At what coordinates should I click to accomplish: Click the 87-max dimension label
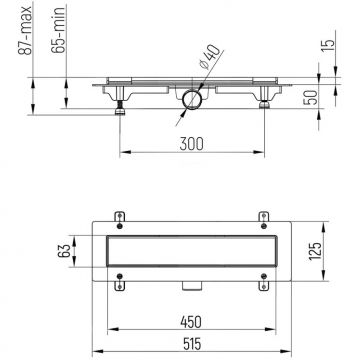tap(26, 30)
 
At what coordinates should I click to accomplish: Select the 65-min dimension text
tap(58, 30)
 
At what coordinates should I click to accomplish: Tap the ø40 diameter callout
tap(210, 56)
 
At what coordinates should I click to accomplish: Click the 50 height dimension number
tap(312, 97)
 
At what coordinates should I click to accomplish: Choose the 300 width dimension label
tap(191, 144)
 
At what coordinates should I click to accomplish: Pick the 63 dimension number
tap(64, 251)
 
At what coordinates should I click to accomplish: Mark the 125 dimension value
tap(315, 251)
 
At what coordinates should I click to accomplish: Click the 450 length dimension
tap(191, 322)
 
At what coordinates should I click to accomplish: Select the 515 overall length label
tap(192, 344)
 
